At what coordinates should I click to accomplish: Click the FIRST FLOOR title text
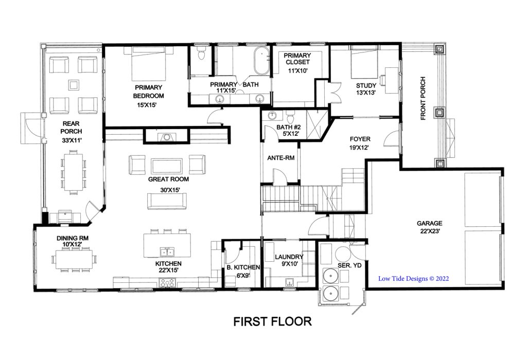click(272, 321)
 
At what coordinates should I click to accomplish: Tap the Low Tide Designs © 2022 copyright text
click(413, 278)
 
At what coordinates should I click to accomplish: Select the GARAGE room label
click(429, 223)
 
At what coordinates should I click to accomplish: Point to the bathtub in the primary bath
click(261, 61)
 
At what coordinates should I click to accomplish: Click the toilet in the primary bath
click(201, 53)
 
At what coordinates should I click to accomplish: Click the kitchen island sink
click(167, 252)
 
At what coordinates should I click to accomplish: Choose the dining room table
click(74, 259)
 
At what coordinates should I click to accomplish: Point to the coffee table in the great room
click(167, 165)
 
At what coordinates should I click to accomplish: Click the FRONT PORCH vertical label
click(423, 98)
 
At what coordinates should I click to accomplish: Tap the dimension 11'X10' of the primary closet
click(298, 71)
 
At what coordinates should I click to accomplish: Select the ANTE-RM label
click(280, 158)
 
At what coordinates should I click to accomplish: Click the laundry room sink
click(289, 282)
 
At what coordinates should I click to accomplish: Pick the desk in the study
click(391, 80)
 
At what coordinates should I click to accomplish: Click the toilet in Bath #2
click(290, 117)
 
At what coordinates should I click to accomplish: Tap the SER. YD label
click(349, 265)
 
